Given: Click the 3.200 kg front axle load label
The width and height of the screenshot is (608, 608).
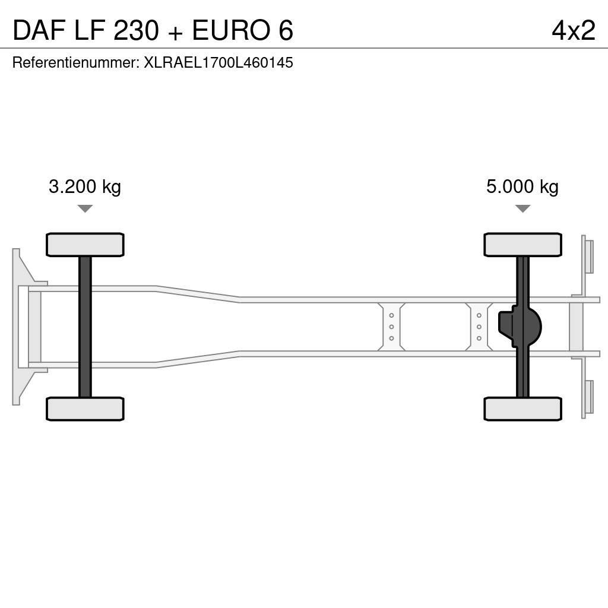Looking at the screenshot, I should (85, 187).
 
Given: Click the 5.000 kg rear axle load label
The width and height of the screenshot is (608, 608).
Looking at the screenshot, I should (522, 187).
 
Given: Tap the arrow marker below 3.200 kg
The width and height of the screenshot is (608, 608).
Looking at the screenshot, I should (85, 208).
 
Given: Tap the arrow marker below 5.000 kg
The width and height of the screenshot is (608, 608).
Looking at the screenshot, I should (522, 208).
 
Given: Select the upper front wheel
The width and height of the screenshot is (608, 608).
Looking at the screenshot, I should (85, 245).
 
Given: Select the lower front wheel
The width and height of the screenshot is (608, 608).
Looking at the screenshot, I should (85, 408).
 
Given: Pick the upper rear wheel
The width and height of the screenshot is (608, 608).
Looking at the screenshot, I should (522, 245).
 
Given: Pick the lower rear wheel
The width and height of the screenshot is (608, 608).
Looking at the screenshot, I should (522, 408).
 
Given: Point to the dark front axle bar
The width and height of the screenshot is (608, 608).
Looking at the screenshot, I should (85, 327).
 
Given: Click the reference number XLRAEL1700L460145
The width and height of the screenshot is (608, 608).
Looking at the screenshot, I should (218, 62).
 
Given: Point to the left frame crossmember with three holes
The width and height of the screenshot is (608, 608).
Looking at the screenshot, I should (391, 327).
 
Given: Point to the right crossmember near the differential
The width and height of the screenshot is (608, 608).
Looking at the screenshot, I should (479, 327).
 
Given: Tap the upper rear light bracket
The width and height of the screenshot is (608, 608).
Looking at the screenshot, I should (587, 255).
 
